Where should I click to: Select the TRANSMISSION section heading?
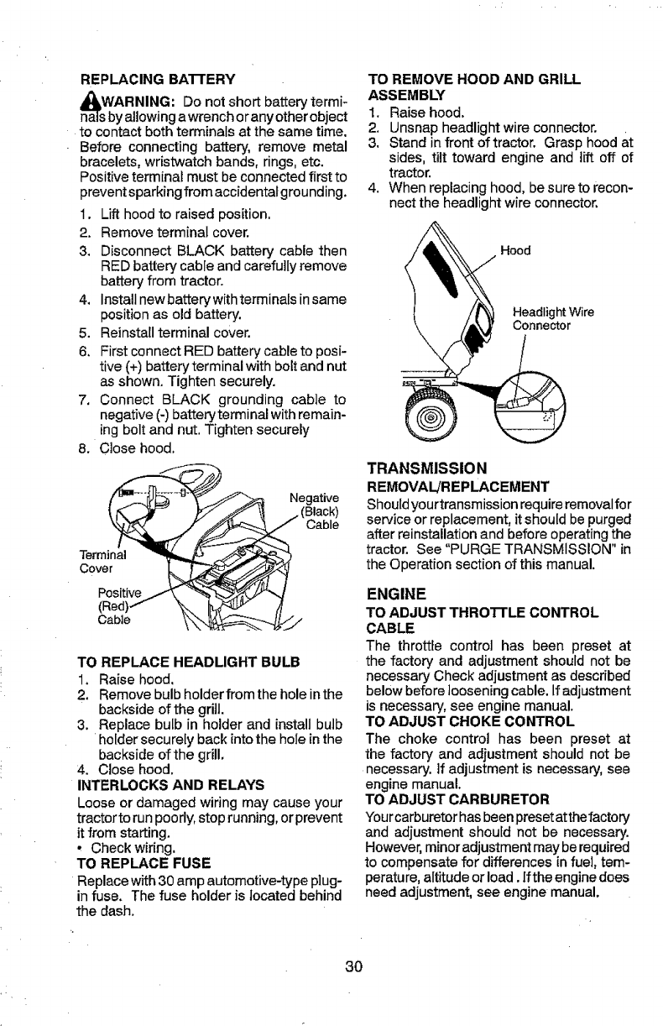[433, 467]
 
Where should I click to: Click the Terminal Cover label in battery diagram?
[99, 562]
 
